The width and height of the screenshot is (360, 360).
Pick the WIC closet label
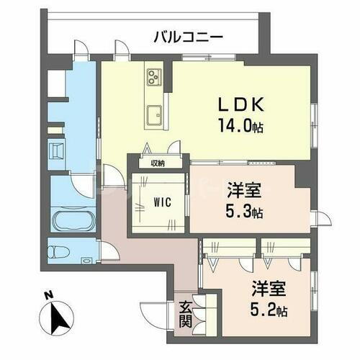click(161, 202)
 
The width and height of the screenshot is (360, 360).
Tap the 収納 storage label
click(157, 163)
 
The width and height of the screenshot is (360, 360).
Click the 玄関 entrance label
click(186, 314)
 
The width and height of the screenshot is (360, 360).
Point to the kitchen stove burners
click(154, 74)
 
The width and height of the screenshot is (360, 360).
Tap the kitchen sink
click(154, 113)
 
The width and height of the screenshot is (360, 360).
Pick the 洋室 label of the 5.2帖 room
click(269, 291)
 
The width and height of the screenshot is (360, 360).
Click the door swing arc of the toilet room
click(109, 249)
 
